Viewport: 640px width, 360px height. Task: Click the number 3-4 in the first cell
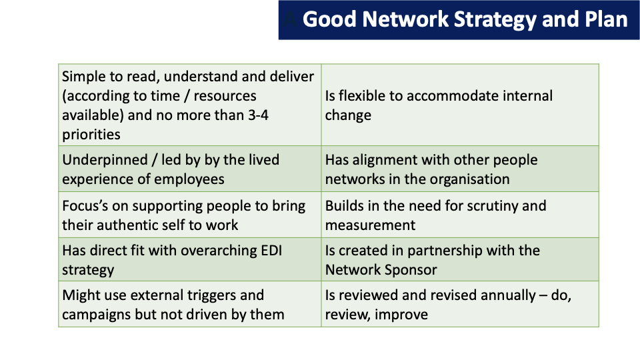[x=258, y=115]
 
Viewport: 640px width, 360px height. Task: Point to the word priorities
[x=91, y=135]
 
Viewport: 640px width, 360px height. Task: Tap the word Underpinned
[x=105, y=160]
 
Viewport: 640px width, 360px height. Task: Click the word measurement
[x=370, y=226]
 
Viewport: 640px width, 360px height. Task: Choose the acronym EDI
[x=271, y=251]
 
